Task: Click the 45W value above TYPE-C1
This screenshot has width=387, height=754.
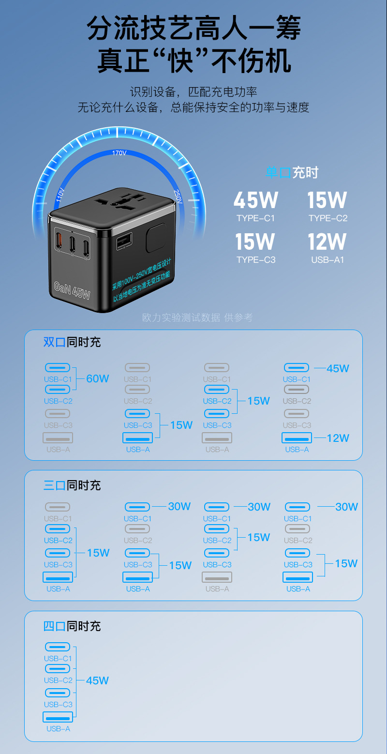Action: point(255,200)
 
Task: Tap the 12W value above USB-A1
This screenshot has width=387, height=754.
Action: point(327,242)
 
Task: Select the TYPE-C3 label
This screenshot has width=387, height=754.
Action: point(256,260)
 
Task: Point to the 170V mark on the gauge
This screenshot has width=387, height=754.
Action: point(119,153)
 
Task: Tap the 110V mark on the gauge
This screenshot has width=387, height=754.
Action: point(60,195)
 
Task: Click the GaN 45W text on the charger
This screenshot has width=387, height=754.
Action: point(73,290)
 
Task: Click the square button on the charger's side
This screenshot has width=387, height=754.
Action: point(156,237)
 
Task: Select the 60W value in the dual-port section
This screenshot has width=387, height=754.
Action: point(98,378)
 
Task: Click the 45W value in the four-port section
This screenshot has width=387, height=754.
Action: point(97,680)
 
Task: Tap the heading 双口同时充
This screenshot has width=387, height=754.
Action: point(72,342)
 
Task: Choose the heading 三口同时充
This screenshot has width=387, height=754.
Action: point(72,485)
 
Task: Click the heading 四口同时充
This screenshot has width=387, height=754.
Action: point(72,626)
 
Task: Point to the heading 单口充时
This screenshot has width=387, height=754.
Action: point(292,173)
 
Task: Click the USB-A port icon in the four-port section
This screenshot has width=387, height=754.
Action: point(58,717)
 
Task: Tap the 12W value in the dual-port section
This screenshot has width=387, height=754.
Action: point(338,438)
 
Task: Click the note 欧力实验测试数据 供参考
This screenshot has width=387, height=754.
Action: point(197,317)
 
